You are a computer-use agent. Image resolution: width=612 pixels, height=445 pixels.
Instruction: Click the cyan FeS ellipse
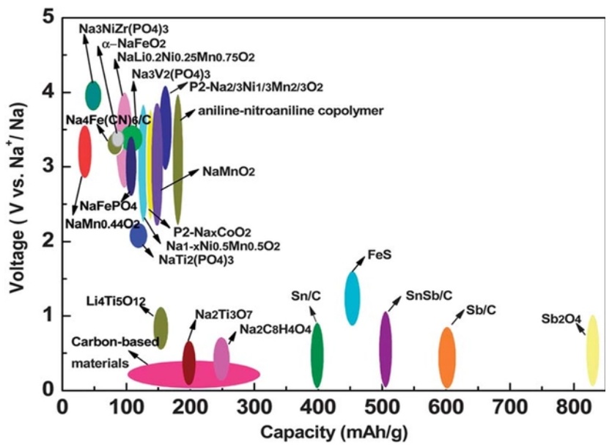tap(353, 298)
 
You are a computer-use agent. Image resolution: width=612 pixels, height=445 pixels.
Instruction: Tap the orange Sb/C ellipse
tap(446, 358)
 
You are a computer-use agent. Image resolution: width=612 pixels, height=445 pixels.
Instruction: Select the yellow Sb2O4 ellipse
tap(592, 350)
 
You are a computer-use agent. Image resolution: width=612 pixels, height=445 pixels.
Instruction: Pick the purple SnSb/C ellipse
tap(386, 348)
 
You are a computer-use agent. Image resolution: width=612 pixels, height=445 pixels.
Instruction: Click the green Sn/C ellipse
tap(317, 355)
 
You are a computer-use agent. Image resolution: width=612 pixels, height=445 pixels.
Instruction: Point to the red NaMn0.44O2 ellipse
tap(85, 151)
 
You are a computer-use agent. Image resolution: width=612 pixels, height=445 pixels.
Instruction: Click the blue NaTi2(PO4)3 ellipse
tap(139, 235)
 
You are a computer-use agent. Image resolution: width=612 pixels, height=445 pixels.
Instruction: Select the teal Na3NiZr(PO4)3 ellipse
tap(93, 95)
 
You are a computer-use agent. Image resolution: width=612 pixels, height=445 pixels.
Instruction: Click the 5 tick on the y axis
tap(51, 16)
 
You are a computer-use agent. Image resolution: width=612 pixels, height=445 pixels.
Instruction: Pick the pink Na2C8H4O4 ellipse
tap(221, 358)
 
